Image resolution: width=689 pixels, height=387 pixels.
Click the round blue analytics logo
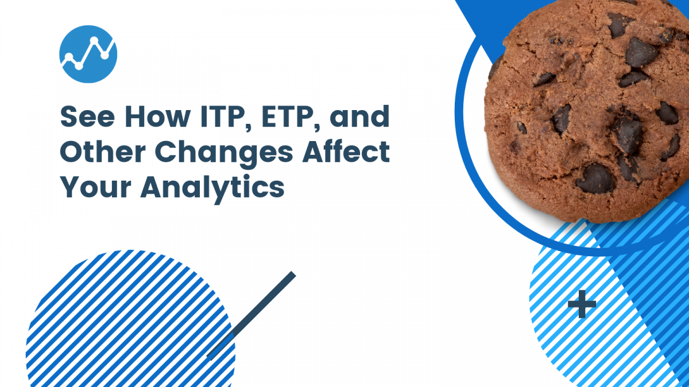point(88,54)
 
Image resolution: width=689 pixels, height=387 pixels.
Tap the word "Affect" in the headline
point(339,153)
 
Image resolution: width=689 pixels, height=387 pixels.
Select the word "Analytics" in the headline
point(212,188)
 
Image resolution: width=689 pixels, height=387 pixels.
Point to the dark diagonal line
point(251,315)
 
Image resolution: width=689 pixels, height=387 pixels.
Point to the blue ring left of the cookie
point(465,115)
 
